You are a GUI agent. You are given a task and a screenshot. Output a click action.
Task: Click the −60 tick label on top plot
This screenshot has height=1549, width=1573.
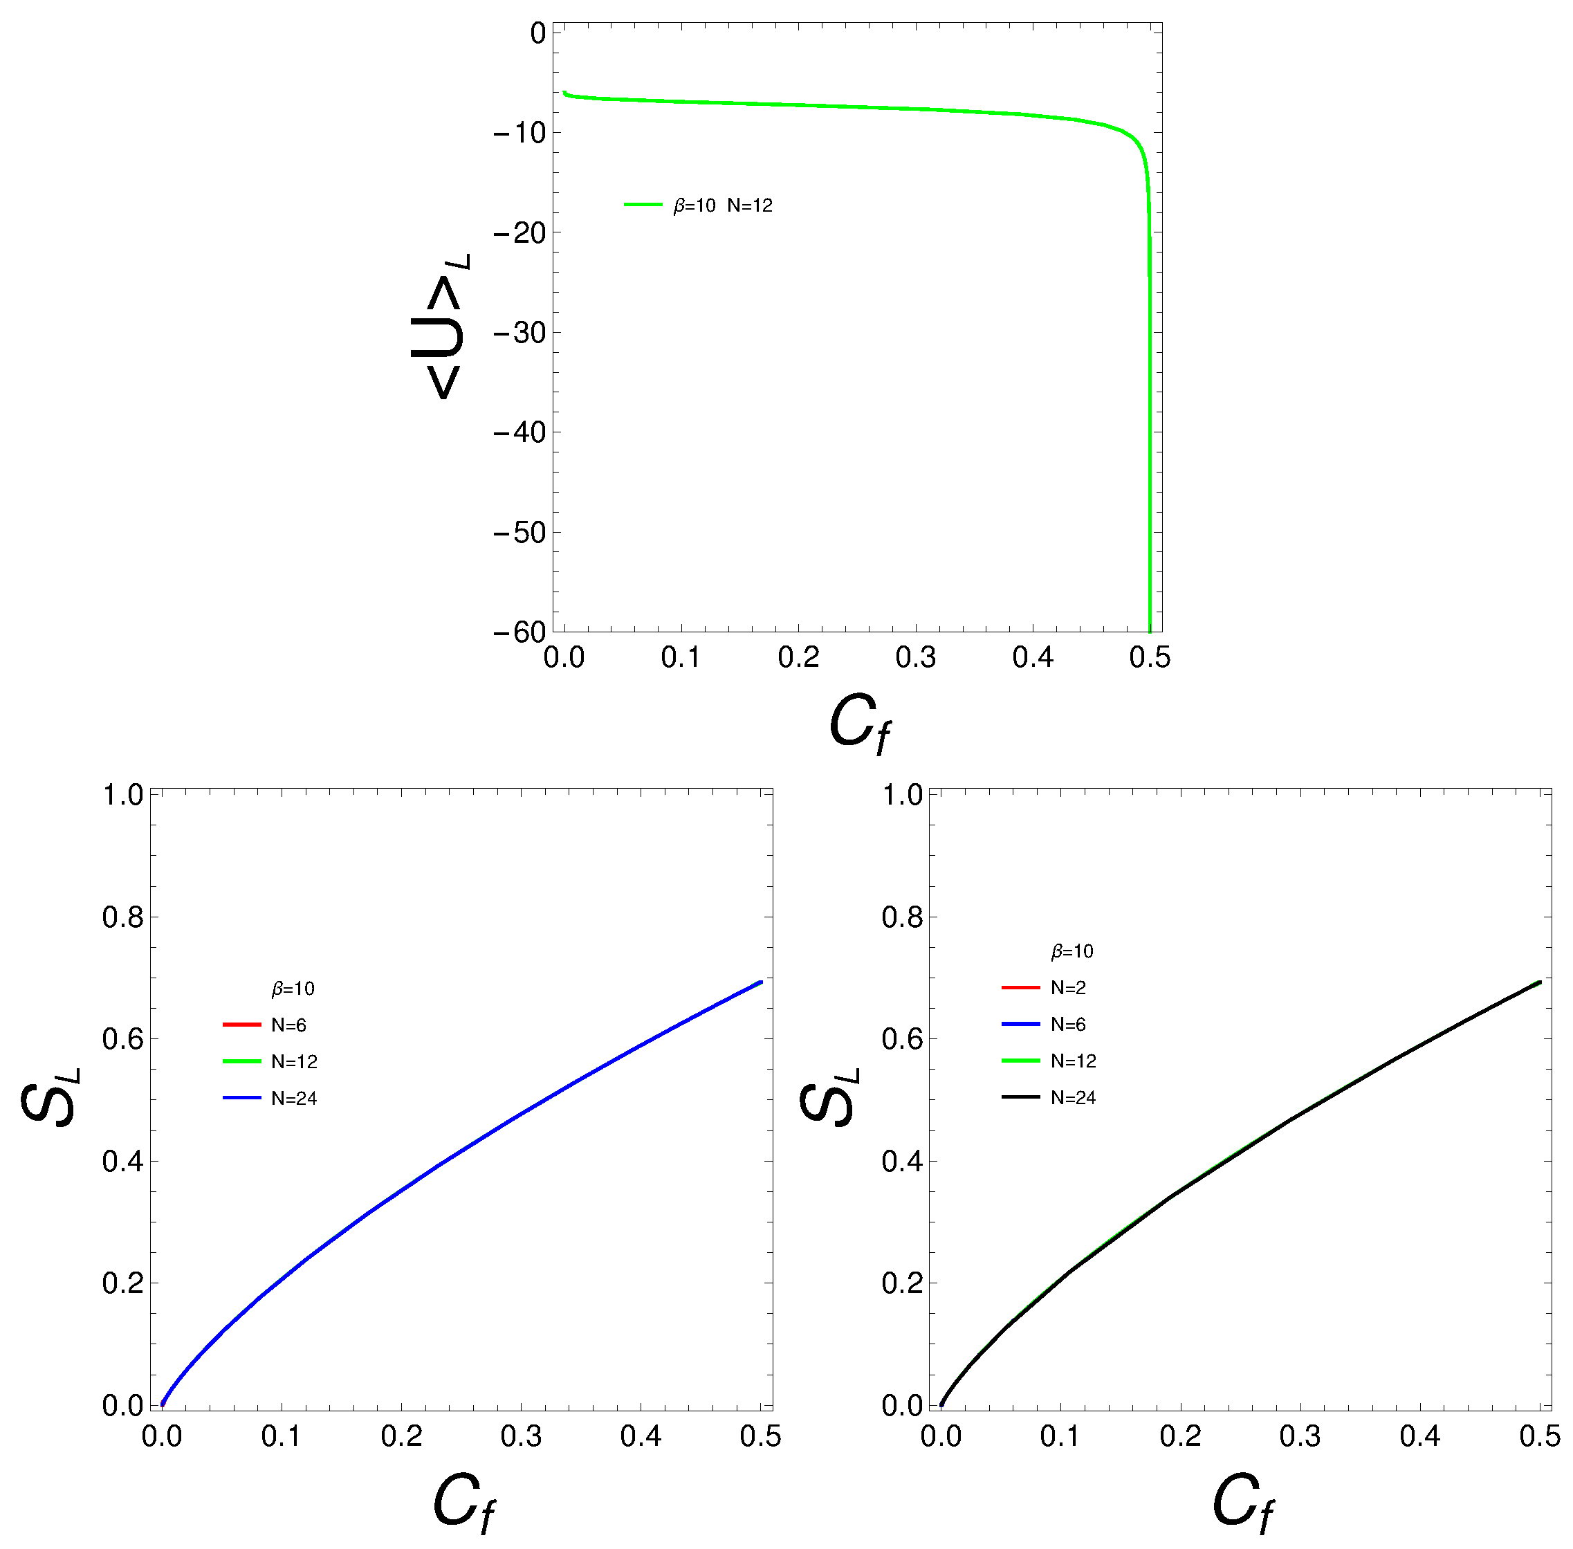519,632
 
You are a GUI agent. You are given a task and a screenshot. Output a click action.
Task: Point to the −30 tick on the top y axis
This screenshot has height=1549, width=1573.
519,333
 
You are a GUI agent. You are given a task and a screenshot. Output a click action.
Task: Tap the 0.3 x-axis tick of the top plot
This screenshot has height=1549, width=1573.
915,657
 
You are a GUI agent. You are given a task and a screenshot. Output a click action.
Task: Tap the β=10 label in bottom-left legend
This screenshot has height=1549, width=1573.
293,989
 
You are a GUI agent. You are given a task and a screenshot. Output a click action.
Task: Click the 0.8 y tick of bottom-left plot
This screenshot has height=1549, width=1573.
122,917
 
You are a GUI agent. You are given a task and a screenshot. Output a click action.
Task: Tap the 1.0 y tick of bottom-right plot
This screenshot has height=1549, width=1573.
902,795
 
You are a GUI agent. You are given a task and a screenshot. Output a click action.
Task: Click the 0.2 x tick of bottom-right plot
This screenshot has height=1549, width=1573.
1179,1436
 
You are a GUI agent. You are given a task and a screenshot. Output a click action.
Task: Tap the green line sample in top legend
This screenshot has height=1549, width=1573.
643,205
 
